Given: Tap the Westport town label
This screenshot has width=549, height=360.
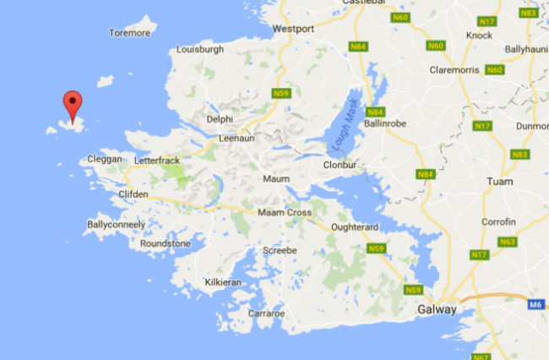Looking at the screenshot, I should click(x=293, y=29).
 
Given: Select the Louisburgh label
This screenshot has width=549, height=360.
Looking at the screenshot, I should click(x=198, y=50).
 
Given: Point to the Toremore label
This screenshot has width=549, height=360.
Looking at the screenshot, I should click(x=129, y=33).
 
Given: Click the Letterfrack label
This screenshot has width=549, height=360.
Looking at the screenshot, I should click(x=158, y=159).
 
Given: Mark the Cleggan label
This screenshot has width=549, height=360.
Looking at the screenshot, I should click(x=105, y=159).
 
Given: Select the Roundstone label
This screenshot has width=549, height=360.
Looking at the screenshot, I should click(x=166, y=243).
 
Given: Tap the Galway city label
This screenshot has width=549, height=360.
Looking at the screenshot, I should click(x=438, y=310).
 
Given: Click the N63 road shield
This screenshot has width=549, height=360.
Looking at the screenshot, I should click(x=507, y=242).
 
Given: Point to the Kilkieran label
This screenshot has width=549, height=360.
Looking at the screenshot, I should click(x=224, y=283).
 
